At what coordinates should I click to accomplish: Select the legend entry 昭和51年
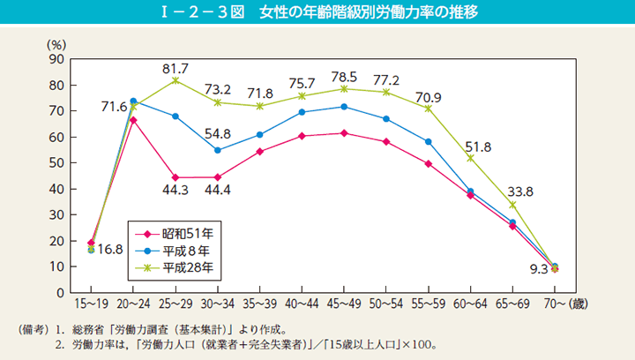187,234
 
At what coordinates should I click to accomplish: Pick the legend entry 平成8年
183,250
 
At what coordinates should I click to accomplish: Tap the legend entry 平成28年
187,266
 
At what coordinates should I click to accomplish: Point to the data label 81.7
175,66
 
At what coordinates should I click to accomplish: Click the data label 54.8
217,134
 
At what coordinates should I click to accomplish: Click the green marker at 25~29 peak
175,80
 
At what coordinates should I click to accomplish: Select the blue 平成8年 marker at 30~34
217,150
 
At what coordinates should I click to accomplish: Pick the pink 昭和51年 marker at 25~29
175,177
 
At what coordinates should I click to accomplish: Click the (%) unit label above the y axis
56,43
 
